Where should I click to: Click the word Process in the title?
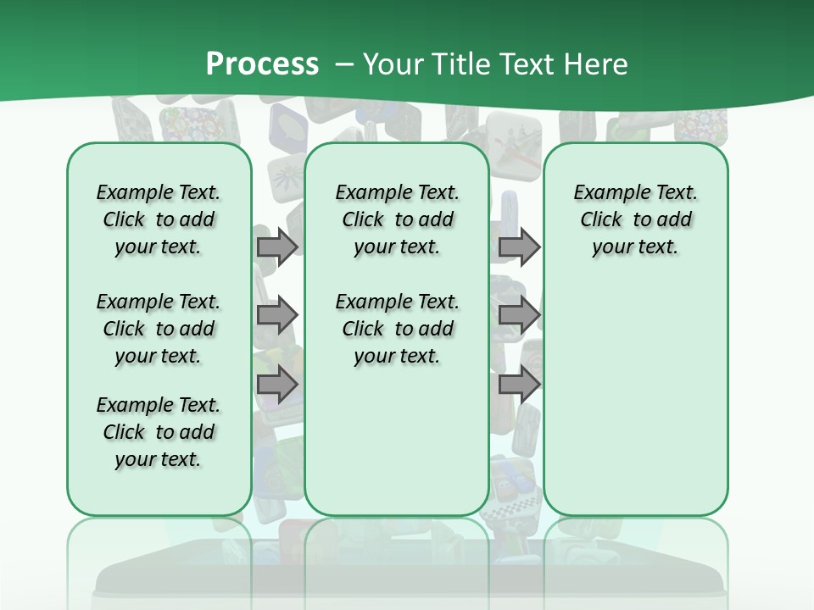coord(262,64)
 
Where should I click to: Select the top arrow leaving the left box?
coord(277,247)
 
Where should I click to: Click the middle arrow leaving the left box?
coord(277,315)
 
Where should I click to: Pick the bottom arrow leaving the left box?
coord(277,385)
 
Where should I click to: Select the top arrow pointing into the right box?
coord(519,247)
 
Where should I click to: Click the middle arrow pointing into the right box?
coord(519,315)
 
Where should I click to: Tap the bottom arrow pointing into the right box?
coord(519,385)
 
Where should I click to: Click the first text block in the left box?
coord(159,219)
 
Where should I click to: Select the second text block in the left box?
coord(159,329)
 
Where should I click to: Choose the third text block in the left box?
coord(159,432)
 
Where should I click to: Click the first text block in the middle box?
coord(397,219)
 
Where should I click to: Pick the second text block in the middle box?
coord(397,329)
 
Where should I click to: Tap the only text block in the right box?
coord(635,219)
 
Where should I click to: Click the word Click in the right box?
coord(601,219)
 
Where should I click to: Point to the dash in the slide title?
coord(344,64)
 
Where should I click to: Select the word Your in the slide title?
coord(393,64)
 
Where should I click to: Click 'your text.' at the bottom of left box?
coord(158,459)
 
